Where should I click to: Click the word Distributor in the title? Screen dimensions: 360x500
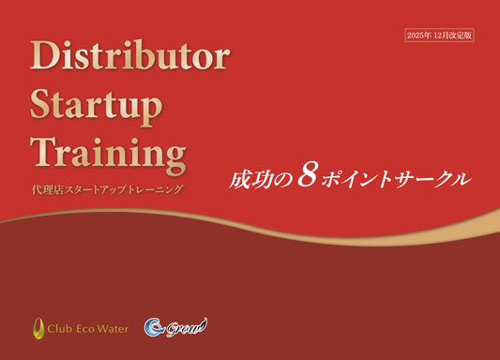129,57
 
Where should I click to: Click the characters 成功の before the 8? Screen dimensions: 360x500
260,177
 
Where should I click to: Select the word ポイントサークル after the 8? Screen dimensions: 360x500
394,177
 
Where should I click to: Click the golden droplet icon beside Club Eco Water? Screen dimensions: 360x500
39,328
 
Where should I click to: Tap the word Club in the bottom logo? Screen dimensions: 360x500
64,328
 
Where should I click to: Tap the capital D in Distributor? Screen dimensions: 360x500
47,57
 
